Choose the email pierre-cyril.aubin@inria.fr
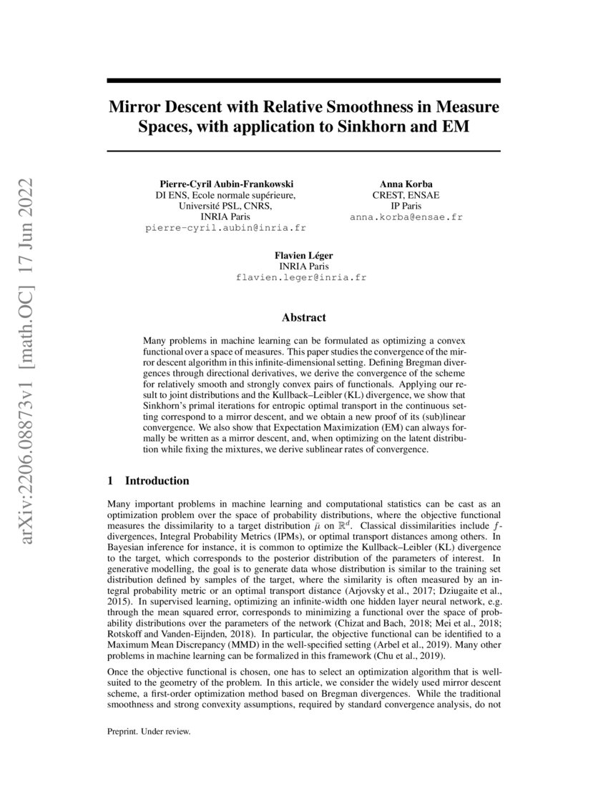pyautogui.click(x=225, y=228)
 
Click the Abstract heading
pyautogui.click(x=304, y=317)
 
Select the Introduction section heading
pyautogui.click(x=157, y=480)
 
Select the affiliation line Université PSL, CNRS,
pyautogui.click(x=225, y=206)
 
